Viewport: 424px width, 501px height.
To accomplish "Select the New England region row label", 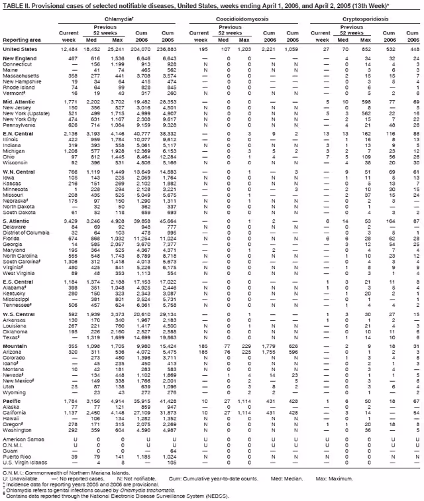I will pos(20,59).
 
